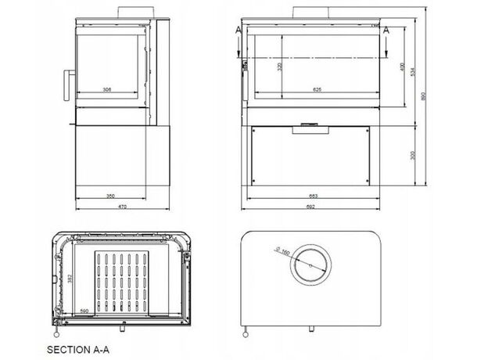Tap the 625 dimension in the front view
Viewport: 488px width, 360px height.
click(x=317, y=90)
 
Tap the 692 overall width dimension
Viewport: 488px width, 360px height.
click(x=314, y=207)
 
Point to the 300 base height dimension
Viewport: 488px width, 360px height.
click(x=414, y=154)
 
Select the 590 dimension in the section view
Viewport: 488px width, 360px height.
click(x=83, y=311)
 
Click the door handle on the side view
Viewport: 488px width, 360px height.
click(x=67, y=87)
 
